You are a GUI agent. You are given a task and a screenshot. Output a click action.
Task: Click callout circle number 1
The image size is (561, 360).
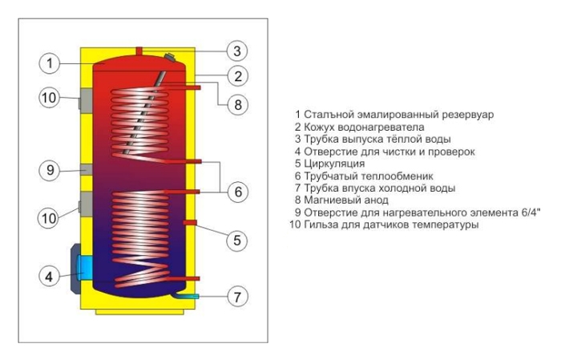[49, 63]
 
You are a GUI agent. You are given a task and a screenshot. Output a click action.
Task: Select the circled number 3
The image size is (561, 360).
[237, 51]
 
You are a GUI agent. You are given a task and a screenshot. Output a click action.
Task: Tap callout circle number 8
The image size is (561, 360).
[237, 105]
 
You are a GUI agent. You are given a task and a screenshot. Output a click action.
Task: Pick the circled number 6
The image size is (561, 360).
[238, 192]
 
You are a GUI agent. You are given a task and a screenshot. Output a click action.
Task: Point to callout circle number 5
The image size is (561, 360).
[237, 240]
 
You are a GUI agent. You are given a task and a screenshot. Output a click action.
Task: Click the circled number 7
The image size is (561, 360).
[237, 297]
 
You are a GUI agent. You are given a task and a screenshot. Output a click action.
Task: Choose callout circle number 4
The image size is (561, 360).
[49, 277]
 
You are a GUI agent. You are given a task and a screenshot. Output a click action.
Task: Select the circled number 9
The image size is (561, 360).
[50, 170]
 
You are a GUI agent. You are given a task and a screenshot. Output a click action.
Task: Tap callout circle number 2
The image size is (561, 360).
[238, 76]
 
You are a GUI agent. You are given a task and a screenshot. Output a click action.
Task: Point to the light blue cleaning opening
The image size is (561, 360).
[84, 269]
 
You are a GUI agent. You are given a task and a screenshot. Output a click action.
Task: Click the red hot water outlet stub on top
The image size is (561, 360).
[139, 51]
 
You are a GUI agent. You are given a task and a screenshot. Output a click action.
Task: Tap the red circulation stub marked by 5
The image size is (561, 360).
[190, 223]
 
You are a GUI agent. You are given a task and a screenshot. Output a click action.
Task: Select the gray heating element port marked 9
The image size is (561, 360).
[87, 170]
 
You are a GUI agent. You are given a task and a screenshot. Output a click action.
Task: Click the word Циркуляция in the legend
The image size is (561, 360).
[334, 164]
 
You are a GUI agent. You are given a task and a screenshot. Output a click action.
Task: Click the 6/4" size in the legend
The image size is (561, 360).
[529, 212]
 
